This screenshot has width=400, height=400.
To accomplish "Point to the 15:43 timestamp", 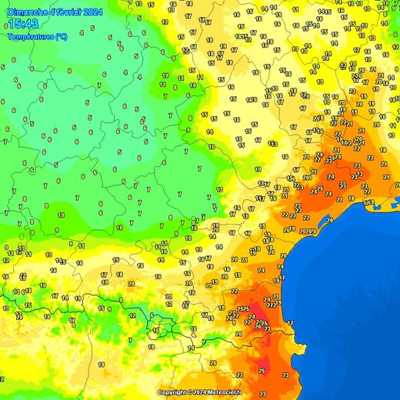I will (23, 25).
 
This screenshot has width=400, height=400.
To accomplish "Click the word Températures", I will (31, 36).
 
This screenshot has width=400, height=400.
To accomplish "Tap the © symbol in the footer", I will (191, 392).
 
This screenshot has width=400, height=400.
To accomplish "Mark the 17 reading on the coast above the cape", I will (290, 323).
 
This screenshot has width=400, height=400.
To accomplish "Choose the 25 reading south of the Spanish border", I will (262, 372).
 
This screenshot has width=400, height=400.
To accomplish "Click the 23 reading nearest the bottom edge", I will (285, 375).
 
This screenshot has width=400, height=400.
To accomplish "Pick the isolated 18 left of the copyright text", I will (101, 364).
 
